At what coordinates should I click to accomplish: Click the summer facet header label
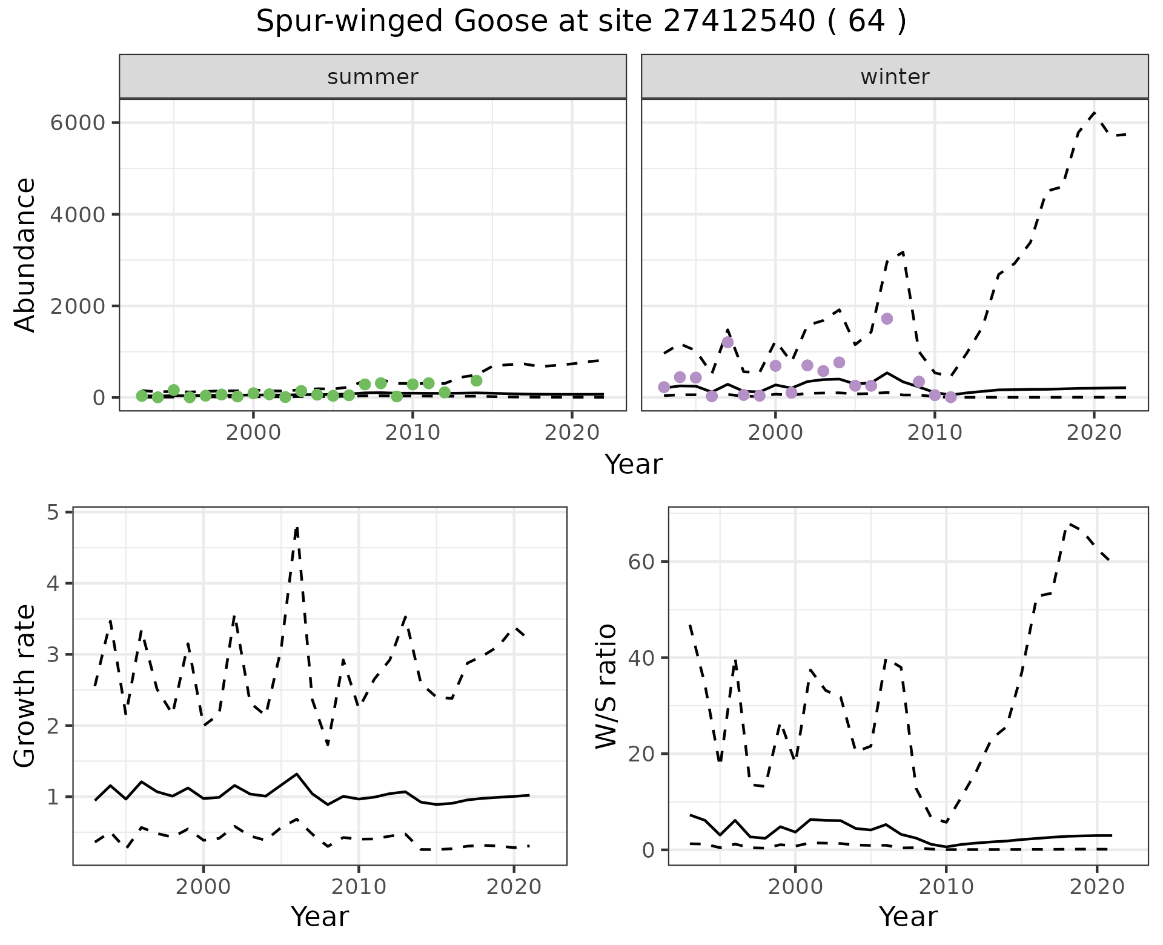pos(373,77)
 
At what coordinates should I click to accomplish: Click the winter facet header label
pos(895,77)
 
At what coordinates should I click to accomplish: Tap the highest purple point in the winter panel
pos(887,319)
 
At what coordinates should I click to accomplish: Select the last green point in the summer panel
pos(476,380)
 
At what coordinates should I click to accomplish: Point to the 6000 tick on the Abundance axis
pos(77,123)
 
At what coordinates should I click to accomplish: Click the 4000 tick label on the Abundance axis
pos(77,214)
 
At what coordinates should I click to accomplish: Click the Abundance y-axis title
pos(25,254)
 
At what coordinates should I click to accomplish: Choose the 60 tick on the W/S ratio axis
pos(641,562)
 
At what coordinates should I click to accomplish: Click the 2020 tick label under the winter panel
pos(1094,433)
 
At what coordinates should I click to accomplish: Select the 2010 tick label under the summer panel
pos(413,433)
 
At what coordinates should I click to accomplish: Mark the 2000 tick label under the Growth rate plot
pos(204,887)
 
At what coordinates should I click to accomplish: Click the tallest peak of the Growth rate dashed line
pos(296,528)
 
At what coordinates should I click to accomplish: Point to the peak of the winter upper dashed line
pos(1094,112)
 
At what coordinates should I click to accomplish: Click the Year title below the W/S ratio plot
pos(908,917)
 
